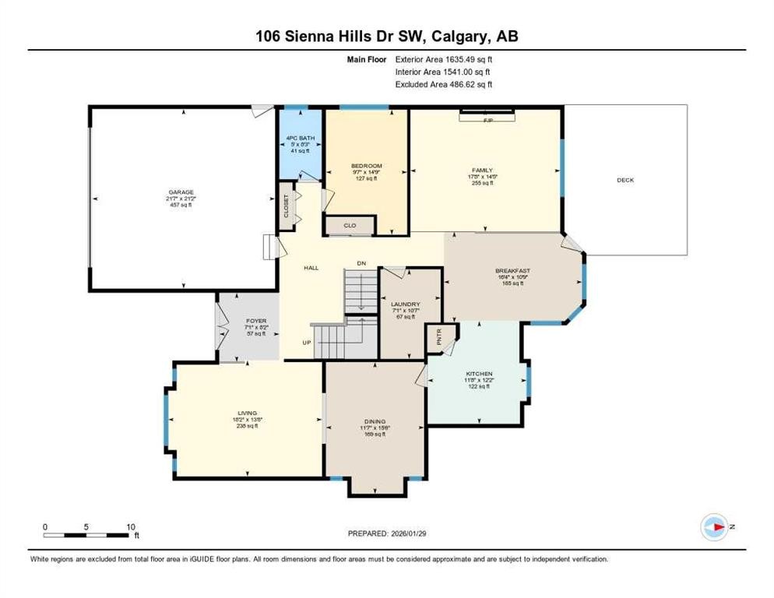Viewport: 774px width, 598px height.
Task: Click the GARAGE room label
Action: (182, 192)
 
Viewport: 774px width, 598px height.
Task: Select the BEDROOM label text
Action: (366, 166)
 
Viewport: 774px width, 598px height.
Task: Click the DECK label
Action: (625, 180)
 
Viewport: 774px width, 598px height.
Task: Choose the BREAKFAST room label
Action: (512, 271)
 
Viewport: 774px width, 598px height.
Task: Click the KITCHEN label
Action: (479, 374)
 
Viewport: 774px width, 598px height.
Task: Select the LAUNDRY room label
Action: (406, 304)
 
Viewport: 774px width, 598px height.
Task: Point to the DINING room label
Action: (375, 421)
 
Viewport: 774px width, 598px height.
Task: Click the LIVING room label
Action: (248, 413)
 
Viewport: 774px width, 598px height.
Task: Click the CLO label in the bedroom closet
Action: (350, 226)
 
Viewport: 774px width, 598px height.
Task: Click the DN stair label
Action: (361, 264)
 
